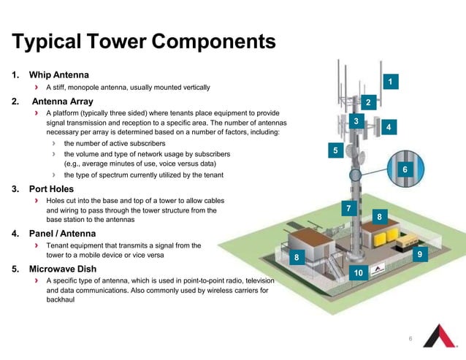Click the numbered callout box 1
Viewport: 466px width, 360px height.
[x=392, y=81]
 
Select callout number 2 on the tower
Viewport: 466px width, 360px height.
[x=369, y=102]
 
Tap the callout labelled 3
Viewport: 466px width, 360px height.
[x=356, y=120]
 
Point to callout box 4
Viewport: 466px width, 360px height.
[x=389, y=127]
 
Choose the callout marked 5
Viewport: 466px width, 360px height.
[x=335, y=150]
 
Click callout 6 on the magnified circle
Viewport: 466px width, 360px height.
[x=404, y=169]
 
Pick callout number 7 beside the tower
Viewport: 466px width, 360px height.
[x=348, y=210]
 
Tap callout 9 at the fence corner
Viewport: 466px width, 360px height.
[x=419, y=253]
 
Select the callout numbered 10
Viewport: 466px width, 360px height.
[x=358, y=272]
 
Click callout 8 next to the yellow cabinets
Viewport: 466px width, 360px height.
[x=378, y=217]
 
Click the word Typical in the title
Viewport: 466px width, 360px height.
[x=48, y=41]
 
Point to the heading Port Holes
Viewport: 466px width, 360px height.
[x=55, y=189]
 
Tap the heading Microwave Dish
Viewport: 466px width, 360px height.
[x=66, y=269]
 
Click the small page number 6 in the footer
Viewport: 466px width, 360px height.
[x=410, y=339]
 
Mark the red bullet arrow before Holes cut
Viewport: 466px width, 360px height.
[x=37, y=200]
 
